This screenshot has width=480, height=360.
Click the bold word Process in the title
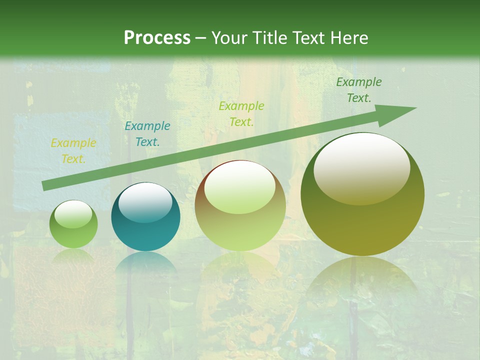click(x=157, y=38)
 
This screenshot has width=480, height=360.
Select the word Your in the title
click(x=228, y=38)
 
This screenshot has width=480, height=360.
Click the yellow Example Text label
click(x=73, y=151)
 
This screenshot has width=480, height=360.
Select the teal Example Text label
click(x=147, y=134)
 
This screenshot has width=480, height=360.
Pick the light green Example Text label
click(x=241, y=114)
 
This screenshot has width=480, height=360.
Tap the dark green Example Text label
click(x=359, y=90)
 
